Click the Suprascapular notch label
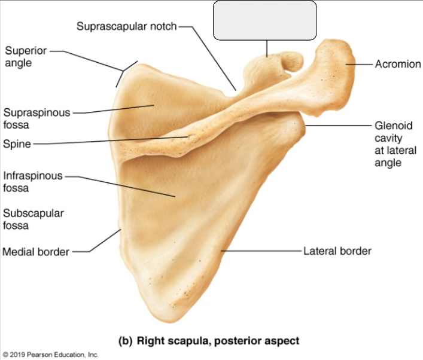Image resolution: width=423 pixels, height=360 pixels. pyautogui.click(x=126, y=26)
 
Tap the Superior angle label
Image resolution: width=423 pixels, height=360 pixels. pyautogui.click(x=26, y=57)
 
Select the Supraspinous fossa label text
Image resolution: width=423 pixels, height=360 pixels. pyautogui.click(x=36, y=118)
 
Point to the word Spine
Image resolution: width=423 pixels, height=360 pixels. pyautogui.click(x=17, y=144)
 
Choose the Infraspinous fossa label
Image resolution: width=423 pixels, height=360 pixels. pyautogui.click(x=33, y=182)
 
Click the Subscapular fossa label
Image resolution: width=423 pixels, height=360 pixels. pyautogui.click(x=33, y=219)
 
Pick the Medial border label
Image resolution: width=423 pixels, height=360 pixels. pyautogui.click(x=36, y=252)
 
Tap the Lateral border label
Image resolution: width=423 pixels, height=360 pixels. pyautogui.click(x=337, y=251)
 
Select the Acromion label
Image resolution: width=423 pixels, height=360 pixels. pyautogui.click(x=398, y=64)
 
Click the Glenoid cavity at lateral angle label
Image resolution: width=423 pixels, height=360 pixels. pyautogui.click(x=395, y=144)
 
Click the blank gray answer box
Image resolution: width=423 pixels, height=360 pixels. pyautogui.click(x=265, y=20)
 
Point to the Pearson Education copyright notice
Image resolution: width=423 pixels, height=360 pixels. pyautogui.click(x=50, y=355)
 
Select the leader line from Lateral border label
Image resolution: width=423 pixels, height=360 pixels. pyautogui.click(x=261, y=251)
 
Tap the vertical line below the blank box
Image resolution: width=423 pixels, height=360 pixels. pyautogui.click(x=267, y=48)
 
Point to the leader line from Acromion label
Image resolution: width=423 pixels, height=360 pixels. pyautogui.click(x=359, y=64)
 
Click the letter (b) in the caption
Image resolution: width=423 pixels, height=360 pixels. pyautogui.click(x=126, y=341)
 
